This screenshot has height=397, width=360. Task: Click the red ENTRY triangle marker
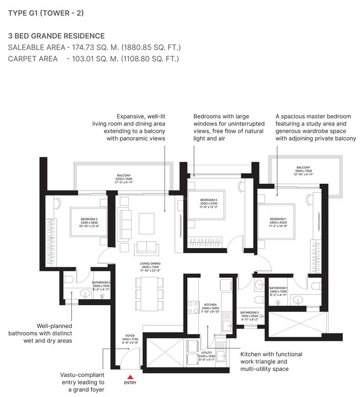coord(130,377)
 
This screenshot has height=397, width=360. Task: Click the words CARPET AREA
coord(33,58)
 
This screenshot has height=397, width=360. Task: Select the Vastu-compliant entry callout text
coord(82,382)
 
